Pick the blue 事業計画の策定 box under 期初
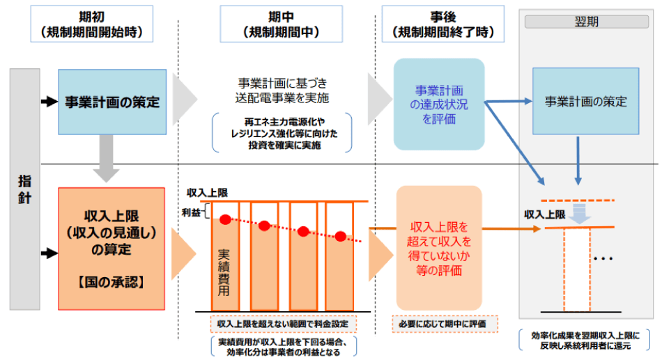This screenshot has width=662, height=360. point(112,102)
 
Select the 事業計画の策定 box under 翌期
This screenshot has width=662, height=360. point(585,102)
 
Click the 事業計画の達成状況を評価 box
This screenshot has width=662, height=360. point(439,103)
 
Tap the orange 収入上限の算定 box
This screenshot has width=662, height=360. point(112,247)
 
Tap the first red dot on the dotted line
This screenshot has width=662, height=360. point(225,219)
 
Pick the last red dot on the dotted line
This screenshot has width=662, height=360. point(340,236)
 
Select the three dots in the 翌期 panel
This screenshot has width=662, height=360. point(603,258)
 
